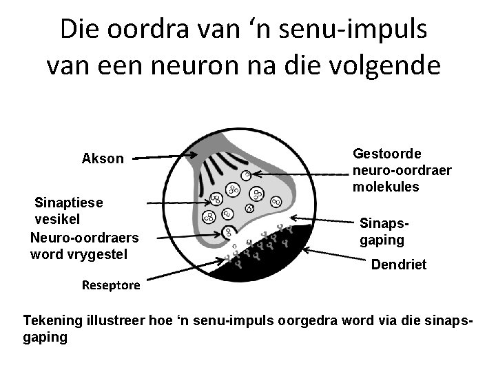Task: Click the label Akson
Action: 103,159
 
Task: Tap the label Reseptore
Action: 111,285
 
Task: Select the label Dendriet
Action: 399,264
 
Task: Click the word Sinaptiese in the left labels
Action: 69,203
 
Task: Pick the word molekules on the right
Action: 386,187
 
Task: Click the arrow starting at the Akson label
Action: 165,157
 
